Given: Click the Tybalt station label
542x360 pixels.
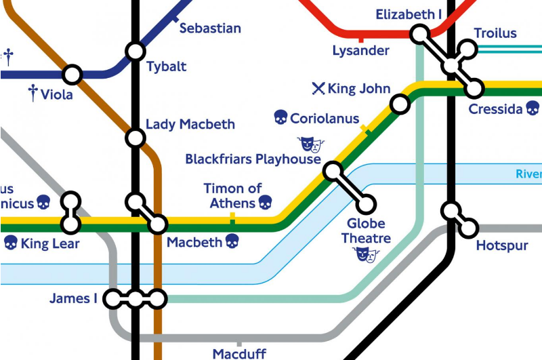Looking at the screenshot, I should coord(166,67).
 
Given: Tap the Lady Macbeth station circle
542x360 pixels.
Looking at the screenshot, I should coord(135,138).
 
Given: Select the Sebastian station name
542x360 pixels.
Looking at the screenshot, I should coord(210,28).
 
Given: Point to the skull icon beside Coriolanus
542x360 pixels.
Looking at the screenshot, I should coord(280,118).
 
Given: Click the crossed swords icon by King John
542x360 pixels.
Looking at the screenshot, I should coord(318,88).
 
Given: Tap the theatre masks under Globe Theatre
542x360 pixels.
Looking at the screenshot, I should coord(366,254).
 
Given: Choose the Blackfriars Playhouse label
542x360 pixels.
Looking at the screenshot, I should coord(253,159).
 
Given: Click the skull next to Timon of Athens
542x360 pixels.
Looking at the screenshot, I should coord(265,203).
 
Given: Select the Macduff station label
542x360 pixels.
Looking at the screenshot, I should coord(239,353).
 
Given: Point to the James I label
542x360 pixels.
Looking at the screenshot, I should coord(73,298).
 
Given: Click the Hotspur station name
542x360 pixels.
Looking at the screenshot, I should coord(502,245).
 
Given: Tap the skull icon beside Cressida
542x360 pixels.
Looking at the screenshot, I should coord(533,108).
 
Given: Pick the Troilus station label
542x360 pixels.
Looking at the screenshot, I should coord(495,33).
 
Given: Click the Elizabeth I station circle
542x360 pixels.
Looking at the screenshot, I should coord(420,33).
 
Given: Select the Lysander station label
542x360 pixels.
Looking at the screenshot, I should coord(360,51).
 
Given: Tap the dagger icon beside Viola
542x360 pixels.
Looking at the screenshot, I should coord(32,94).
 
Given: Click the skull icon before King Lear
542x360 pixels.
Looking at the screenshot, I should coord(10,243).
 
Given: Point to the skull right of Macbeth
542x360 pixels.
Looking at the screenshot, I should coord(232,241).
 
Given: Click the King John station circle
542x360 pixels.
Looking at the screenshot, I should coord(400,104).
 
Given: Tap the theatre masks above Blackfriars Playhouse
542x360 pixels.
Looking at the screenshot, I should coord(311,144).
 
